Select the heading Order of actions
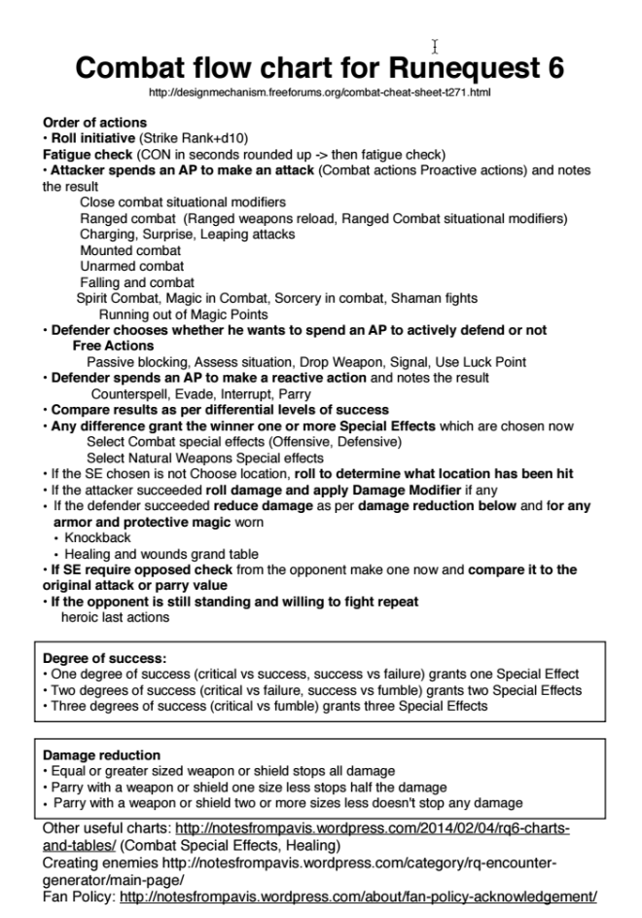[94, 123]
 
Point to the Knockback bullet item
[97, 537]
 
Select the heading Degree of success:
[105, 658]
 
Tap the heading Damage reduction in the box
[102, 754]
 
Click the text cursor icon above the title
[435, 46]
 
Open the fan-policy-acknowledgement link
[358, 896]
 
